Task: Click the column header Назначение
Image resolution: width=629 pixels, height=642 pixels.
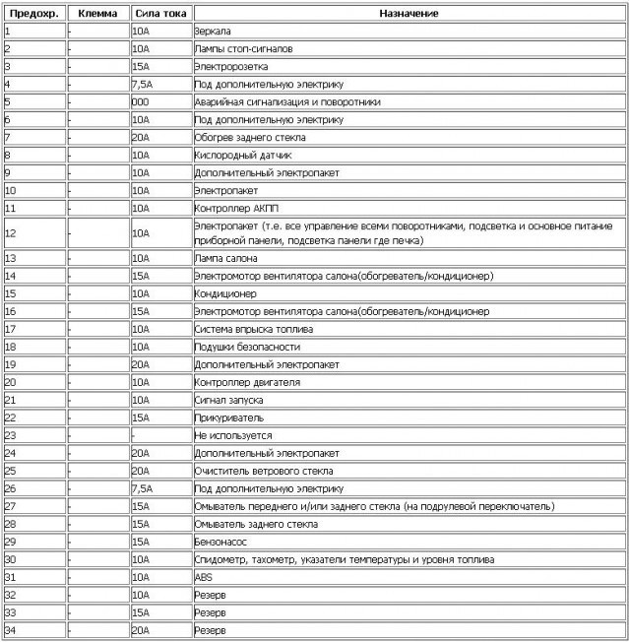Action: click(x=409, y=14)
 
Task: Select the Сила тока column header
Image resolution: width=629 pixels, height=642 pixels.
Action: click(x=159, y=14)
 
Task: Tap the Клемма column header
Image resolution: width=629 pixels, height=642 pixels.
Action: click(x=97, y=14)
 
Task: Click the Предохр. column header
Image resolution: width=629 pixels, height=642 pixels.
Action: click(x=33, y=14)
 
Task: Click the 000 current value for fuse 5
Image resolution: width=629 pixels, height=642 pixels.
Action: click(x=140, y=101)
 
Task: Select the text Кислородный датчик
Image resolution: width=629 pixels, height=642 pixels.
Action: click(x=242, y=155)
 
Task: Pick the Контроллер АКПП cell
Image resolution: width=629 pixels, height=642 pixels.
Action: click(x=236, y=208)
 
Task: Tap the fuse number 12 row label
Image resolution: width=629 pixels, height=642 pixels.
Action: click(x=11, y=233)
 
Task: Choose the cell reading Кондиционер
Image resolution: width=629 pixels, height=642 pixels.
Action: click(x=225, y=293)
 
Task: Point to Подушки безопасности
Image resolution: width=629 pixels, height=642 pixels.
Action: click(x=247, y=347)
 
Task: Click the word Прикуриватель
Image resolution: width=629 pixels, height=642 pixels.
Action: click(x=228, y=417)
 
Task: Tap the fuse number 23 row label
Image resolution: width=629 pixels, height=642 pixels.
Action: click(x=11, y=435)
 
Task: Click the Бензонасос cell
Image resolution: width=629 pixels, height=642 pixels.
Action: click(x=222, y=542)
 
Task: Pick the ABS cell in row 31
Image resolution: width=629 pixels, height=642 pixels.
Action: click(x=204, y=577)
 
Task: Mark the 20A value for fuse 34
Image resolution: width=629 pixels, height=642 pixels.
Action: click(x=140, y=630)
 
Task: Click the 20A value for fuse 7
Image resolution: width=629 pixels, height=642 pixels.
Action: click(x=140, y=137)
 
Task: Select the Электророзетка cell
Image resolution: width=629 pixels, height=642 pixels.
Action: click(x=230, y=67)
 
